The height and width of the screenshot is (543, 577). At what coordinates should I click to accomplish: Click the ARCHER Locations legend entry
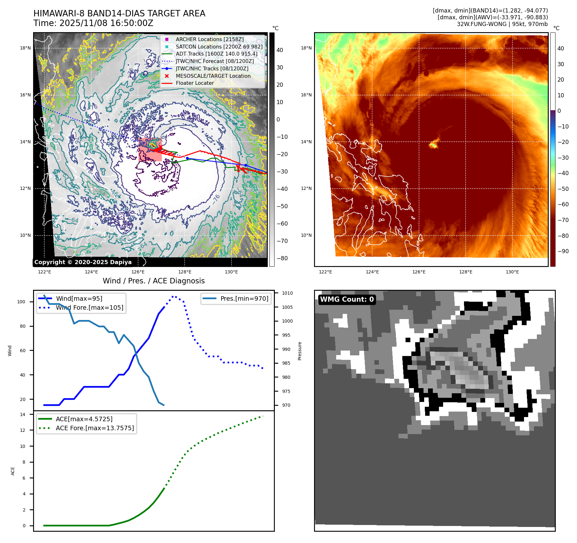pyautogui.click(x=209, y=39)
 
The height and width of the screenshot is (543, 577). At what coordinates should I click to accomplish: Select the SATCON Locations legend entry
pyautogui.click(x=219, y=47)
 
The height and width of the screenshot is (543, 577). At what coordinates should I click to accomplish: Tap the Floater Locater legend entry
pyautogui.click(x=195, y=83)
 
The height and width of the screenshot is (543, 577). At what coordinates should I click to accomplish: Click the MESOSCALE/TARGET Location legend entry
pyautogui.click(x=213, y=76)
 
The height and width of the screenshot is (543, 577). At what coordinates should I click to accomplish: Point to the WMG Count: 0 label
pyautogui.click(x=347, y=299)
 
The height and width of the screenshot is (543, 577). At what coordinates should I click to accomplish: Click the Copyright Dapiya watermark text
pyautogui.click(x=83, y=262)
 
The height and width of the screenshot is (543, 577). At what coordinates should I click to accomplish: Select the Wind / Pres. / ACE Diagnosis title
pyautogui.click(x=153, y=281)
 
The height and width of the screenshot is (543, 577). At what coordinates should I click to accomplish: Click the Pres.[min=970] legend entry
pyautogui.click(x=244, y=298)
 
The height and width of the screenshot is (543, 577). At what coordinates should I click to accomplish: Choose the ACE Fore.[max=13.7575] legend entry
pyautogui.click(x=95, y=428)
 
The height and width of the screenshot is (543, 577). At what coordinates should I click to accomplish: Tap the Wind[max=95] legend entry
pyautogui.click(x=79, y=298)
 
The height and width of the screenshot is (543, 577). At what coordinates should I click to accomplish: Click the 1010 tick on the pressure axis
pyautogui.click(x=287, y=293)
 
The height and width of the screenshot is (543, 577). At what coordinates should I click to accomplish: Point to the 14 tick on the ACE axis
pyautogui.click(x=22, y=414)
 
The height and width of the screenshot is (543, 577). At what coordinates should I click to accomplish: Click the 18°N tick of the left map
pyautogui.click(x=25, y=48)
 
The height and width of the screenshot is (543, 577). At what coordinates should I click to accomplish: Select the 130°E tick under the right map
pyautogui.click(x=512, y=272)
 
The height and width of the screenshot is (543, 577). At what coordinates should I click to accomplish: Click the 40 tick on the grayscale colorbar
pyautogui.click(x=280, y=50)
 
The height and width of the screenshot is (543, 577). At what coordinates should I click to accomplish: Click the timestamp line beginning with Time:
pyautogui.click(x=93, y=23)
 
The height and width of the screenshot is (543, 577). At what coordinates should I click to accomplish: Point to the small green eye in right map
pyautogui.click(x=433, y=145)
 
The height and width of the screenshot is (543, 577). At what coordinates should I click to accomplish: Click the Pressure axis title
pyautogui.click(x=300, y=351)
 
